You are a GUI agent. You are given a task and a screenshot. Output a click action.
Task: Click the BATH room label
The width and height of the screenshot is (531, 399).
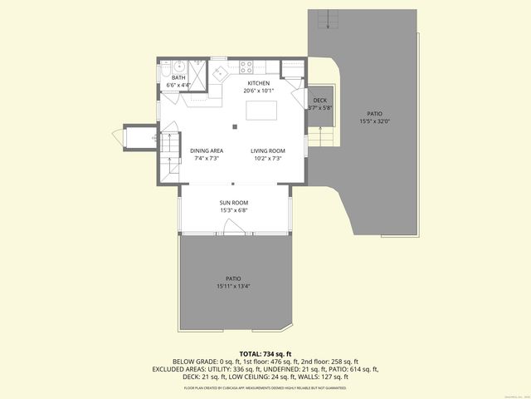pyautogui.click(x=178, y=78)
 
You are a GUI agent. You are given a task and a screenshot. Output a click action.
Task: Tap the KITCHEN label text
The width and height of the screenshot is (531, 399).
pyautogui.click(x=259, y=83)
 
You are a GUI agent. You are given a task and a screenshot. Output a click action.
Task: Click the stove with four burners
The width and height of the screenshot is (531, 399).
pyautogui.click(x=247, y=65)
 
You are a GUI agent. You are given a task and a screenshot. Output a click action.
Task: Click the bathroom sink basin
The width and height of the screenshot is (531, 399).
pyautogui.click(x=178, y=65)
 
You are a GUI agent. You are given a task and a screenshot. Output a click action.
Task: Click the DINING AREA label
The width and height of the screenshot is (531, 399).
pyautogui.click(x=206, y=150)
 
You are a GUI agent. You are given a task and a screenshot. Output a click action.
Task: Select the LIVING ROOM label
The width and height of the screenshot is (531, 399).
pyautogui.click(x=267, y=150)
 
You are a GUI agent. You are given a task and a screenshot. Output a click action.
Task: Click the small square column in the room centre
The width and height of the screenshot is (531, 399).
pyautogui.click(x=235, y=126)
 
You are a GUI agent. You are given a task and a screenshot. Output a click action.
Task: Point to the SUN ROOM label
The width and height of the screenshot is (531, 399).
pyautogui.click(x=234, y=203)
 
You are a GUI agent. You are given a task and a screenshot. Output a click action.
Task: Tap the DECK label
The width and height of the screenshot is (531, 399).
pyautogui.click(x=319, y=100)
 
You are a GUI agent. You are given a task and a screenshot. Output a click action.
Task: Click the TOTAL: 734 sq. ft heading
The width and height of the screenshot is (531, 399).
pyautogui.click(x=265, y=354)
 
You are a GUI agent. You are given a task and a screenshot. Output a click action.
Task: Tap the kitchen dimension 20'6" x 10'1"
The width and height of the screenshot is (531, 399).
pyautogui.click(x=259, y=91)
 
